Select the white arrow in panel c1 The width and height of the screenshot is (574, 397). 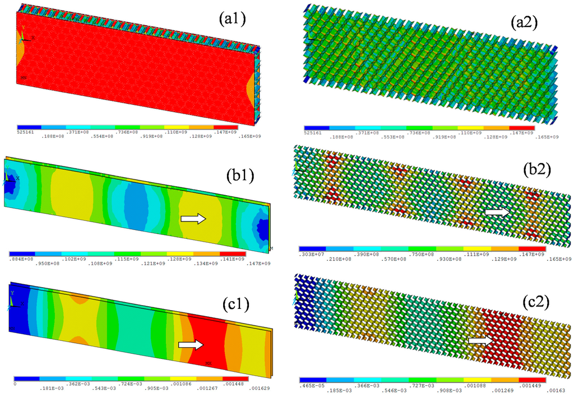click(190, 345)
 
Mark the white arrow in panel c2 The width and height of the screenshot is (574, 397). click(481, 340)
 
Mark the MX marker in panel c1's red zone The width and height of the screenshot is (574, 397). click(209, 363)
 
